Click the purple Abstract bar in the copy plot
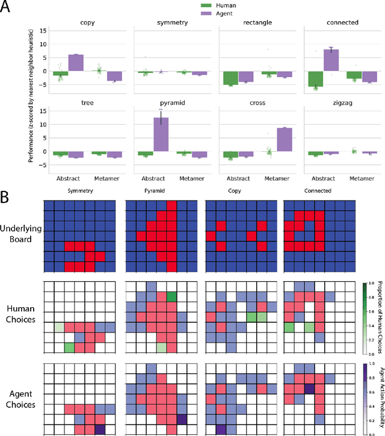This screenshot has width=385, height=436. [x=76, y=63]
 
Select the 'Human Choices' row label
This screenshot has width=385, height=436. [x=20, y=315]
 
